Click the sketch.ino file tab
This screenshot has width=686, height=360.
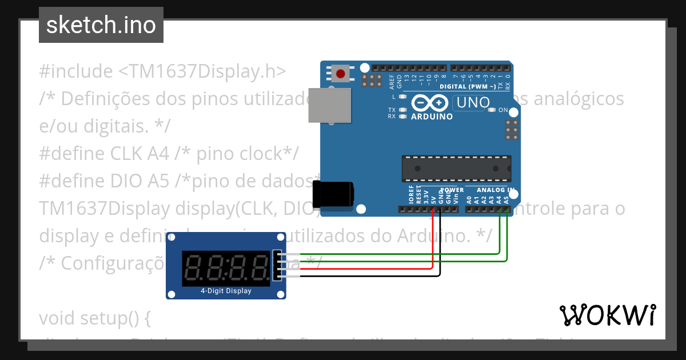101,25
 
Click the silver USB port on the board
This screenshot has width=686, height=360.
330,105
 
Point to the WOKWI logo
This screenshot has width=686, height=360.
607,315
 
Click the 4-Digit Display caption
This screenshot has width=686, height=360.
226,291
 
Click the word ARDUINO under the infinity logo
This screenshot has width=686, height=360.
432,117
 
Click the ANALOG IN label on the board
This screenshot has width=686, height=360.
496,190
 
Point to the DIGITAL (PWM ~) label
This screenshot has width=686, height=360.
468,87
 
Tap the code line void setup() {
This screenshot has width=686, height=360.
95,318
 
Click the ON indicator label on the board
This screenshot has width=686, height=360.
503,110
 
